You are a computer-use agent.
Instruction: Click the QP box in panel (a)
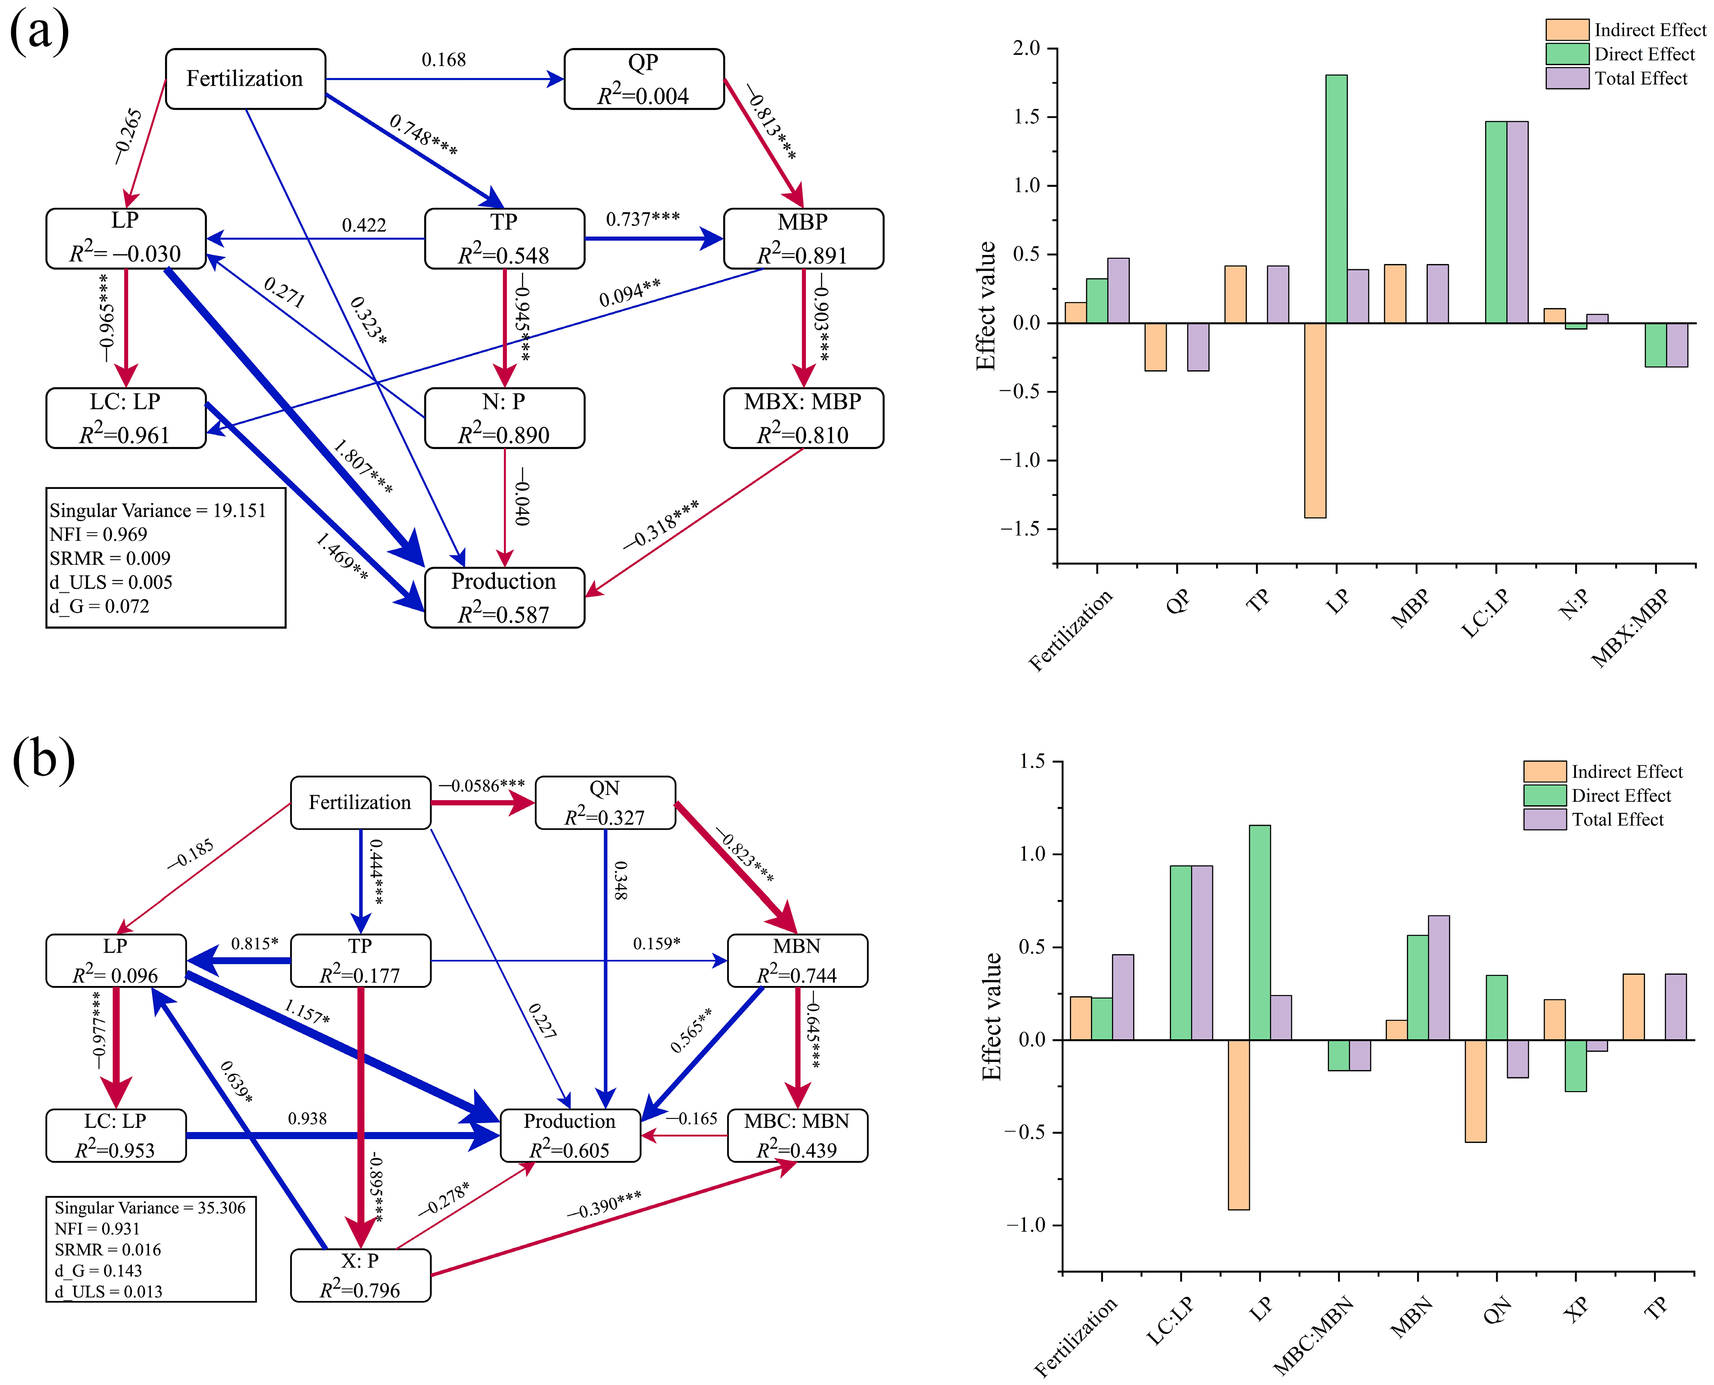tap(644, 79)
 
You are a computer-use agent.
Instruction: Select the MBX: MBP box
tap(803, 418)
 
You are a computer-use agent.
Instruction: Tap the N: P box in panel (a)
tap(504, 418)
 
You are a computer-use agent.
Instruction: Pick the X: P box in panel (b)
tap(360, 1275)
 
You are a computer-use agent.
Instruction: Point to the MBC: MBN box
tap(797, 1135)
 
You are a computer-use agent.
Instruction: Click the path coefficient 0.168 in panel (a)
tap(443, 60)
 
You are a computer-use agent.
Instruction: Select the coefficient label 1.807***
tap(363, 467)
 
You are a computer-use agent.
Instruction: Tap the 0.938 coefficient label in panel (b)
tap(307, 1118)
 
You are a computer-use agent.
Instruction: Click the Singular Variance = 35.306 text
tap(150, 1208)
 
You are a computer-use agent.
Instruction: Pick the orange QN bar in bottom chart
tap(1475, 1091)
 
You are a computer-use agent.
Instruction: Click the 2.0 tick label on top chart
tap(1027, 49)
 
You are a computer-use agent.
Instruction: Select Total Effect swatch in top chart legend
tap(1567, 78)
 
